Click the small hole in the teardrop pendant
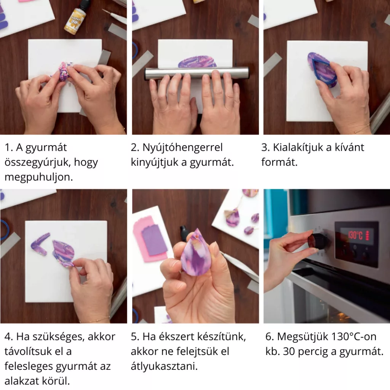(197, 235)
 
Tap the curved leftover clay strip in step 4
(40, 244)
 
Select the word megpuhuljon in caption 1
(38, 177)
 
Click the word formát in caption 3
(279, 162)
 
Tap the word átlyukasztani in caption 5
(164, 366)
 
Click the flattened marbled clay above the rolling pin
(197, 62)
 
